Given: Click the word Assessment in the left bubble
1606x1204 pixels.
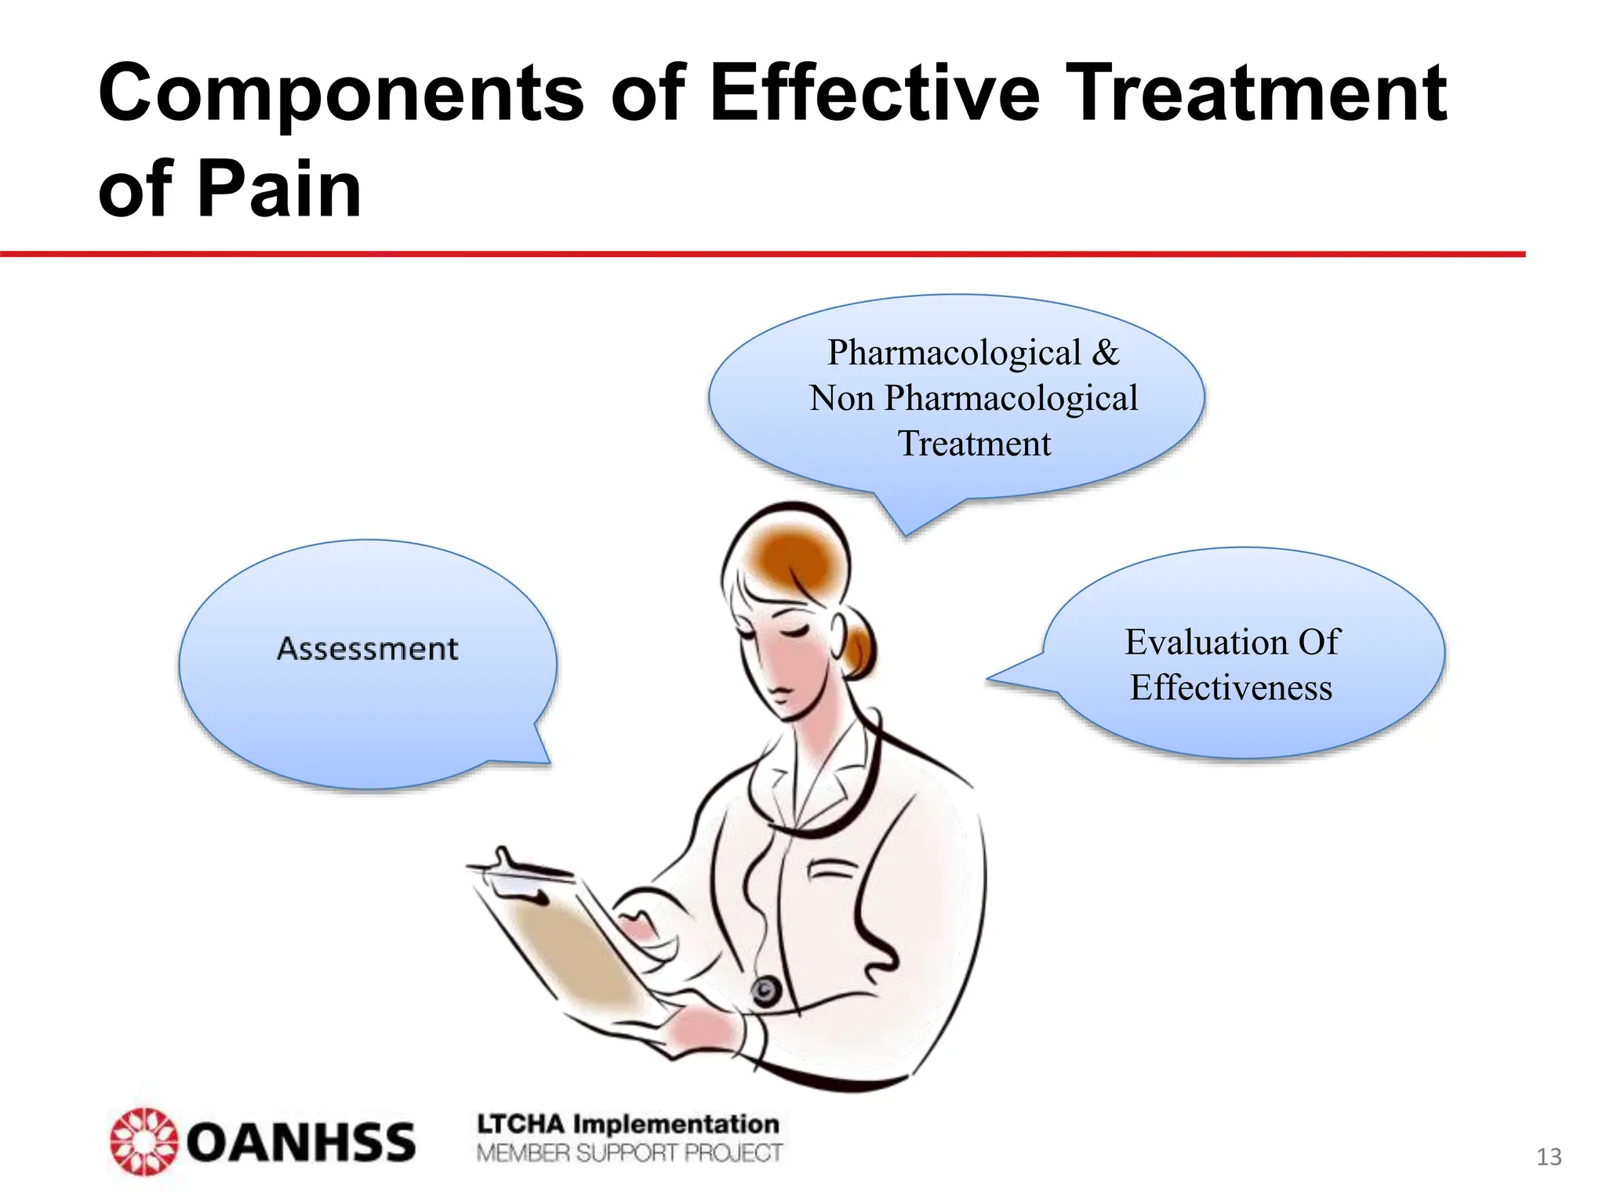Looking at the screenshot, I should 367,649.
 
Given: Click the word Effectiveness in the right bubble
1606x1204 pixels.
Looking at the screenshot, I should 1230,688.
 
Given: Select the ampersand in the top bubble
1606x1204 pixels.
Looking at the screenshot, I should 1106,353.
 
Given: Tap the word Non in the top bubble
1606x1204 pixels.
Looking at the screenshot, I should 841,399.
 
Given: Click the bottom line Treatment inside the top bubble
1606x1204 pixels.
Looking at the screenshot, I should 973,444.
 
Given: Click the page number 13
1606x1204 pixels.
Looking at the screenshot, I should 1549,1157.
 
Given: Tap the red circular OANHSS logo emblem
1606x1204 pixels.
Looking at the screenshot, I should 144,1141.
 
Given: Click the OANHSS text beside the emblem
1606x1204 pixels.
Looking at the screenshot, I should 300,1142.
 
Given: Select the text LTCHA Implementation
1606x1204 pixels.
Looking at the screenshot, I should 627,1124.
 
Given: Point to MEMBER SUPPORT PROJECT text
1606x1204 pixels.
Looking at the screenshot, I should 629,1153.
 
